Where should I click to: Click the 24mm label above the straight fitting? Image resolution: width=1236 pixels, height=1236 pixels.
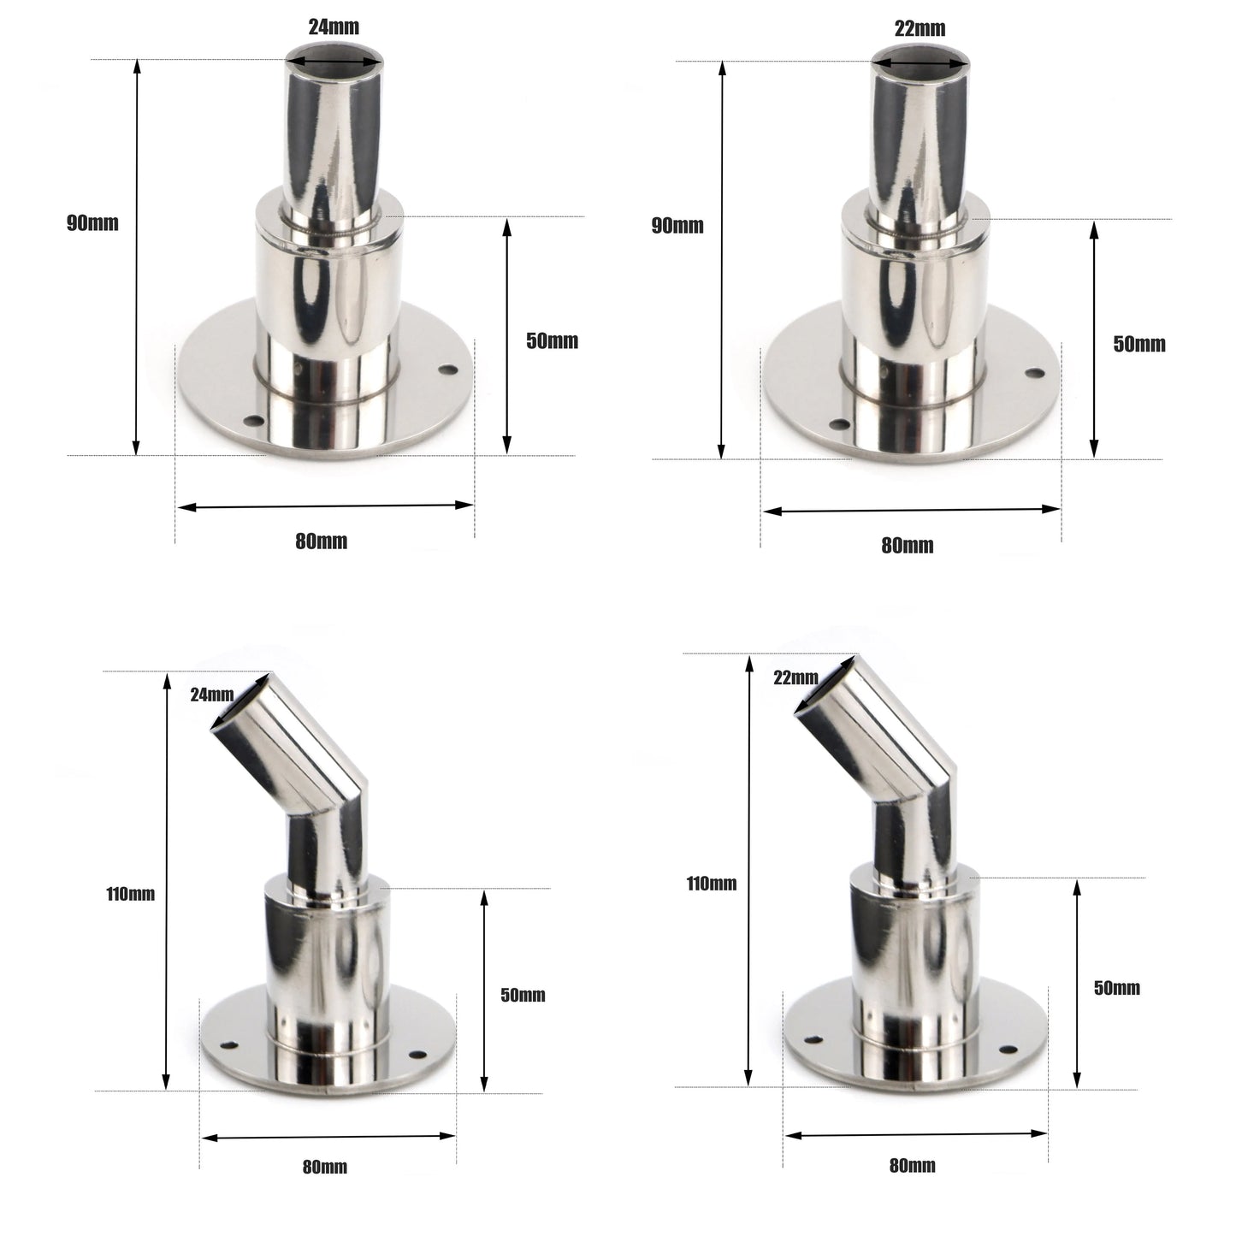[x=334, y=27]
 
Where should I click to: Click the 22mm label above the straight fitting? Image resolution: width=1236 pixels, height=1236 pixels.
[x=920, y=28]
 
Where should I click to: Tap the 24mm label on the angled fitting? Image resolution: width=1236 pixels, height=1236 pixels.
[x=211, y=695]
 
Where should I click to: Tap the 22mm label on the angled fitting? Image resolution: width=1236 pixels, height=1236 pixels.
[x=795, y=677]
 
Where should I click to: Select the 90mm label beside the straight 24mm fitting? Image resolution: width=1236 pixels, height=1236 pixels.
[x=92, y=223]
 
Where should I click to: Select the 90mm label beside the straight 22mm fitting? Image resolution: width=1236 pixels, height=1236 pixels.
[x=677, y=226]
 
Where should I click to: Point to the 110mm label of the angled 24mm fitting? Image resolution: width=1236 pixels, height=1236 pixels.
[x=131, y=894]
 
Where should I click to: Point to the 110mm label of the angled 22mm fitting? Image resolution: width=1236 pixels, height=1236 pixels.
[x=711, y=884]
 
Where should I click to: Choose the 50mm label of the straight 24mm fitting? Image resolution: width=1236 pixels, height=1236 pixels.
[x=552, y=341]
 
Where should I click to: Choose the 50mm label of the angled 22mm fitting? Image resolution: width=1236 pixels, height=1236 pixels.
[x=1117, y=988]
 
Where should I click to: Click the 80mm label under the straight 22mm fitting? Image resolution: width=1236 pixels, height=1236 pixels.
[x=908, y=546]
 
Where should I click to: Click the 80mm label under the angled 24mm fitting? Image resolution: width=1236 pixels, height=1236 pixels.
[x=325, y=1167]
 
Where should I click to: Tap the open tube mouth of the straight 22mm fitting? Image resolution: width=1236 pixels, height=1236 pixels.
[x=920, y=62]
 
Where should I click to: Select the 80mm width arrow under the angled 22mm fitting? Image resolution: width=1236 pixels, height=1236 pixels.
[x=916, y=1134]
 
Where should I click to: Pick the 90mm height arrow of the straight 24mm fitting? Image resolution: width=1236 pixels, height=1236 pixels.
[x=135, y=257]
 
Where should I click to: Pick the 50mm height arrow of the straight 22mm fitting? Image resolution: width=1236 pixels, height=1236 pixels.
[x=1093, y=338]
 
